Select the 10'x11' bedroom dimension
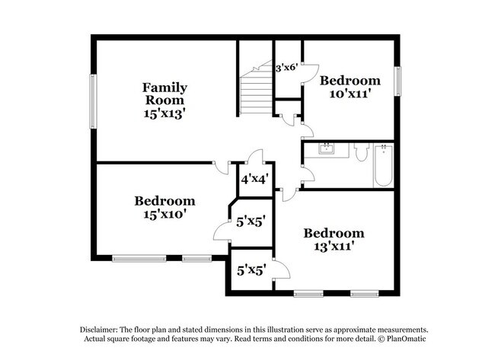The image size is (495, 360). click(x=350, y=94)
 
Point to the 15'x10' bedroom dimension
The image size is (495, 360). click(x=164, y=215)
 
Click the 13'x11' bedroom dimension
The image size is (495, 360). click(x=333, y=247)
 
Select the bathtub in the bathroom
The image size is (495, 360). click(x=383, y=164)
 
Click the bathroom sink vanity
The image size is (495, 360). click(x=328, y=149)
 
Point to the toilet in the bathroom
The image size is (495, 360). click(x=361, y=151)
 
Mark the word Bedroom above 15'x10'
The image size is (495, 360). click(x=164, y=201)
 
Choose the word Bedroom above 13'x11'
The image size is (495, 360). click(x=333, y=233)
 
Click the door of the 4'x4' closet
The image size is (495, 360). click(x=257, y=158)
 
